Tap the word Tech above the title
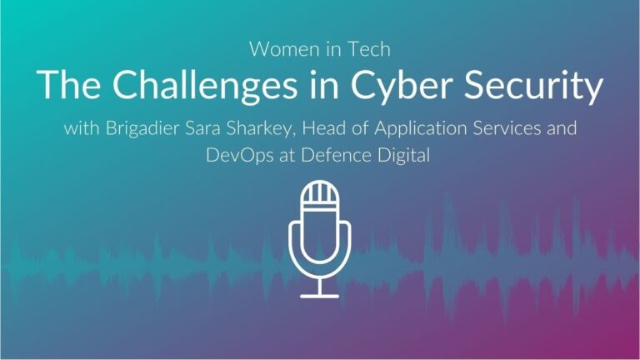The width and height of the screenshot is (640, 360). pos(369,49)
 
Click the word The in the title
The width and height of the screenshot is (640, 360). pos(68,84)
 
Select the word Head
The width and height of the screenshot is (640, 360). pos(321,128)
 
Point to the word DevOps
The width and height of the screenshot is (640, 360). pos(240,156)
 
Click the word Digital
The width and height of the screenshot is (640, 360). pos(403,156)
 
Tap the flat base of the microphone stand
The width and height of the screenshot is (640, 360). pos(320,296)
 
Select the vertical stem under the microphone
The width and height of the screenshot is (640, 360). pos(320,286)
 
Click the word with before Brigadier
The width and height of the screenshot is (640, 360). pos(82,128)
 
